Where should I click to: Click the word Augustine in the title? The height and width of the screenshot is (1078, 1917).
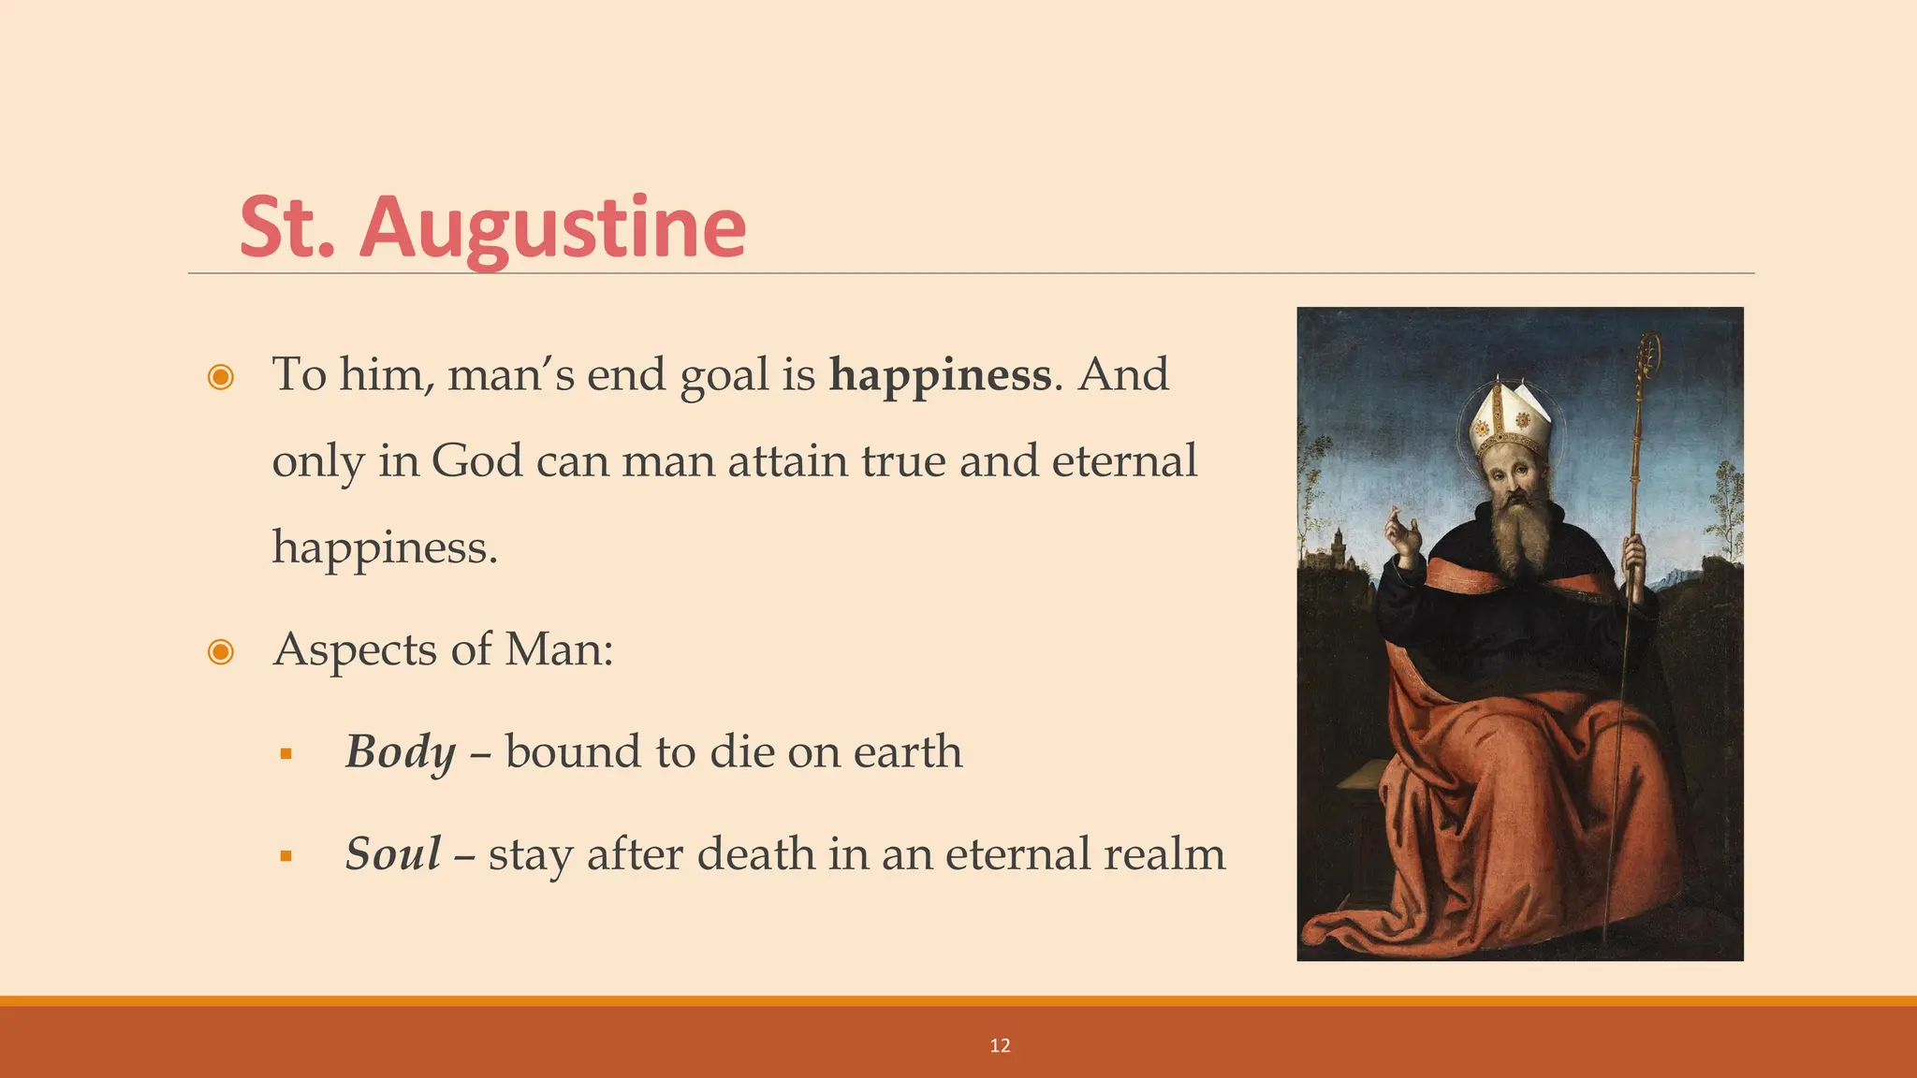click(x=552, y=229)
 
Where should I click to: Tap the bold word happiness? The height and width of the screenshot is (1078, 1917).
click(x=940, y=376)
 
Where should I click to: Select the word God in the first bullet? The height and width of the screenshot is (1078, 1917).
click(x=476, y=461)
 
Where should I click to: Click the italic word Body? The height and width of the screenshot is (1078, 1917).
click(x=401, y=752)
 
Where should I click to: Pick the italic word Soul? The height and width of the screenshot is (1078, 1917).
click(x=392, y=854)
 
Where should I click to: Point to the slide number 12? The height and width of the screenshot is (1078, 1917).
click(x=1000, y=1045)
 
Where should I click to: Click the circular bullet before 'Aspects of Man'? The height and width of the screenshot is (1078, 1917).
click(x=221, y=651)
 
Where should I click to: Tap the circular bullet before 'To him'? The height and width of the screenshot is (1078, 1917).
click(x=221, y=377)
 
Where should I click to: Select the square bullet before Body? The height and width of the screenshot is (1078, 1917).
click(x=286, y=754)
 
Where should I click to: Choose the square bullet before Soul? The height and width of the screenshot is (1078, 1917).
click(x=286, y=855)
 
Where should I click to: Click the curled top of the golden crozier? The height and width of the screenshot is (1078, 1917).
click(x=1647, y=356)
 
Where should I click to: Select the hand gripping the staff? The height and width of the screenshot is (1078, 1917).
click(x=1634, y=556)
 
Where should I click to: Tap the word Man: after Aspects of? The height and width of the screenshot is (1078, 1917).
click(x=559, y=650)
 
